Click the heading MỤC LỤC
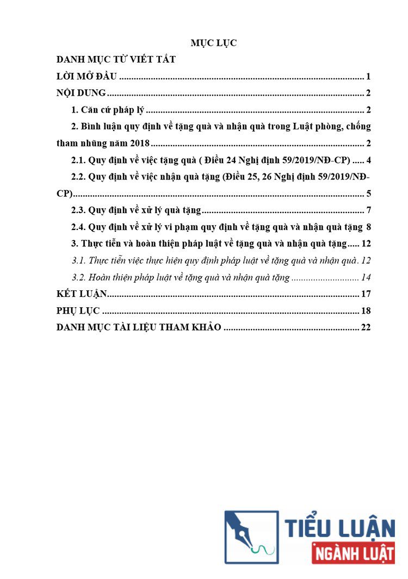213,43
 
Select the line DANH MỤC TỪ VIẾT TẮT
116,60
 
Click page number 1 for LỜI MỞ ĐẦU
368,77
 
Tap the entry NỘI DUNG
81,93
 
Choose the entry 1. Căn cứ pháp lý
108,110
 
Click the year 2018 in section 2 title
138,144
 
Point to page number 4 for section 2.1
368,161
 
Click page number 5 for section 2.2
368,194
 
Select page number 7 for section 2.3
368,211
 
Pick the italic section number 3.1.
79,261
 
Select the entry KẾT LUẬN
82,295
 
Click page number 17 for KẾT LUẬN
366,295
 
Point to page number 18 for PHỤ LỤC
366,312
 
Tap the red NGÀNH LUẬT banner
354,553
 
